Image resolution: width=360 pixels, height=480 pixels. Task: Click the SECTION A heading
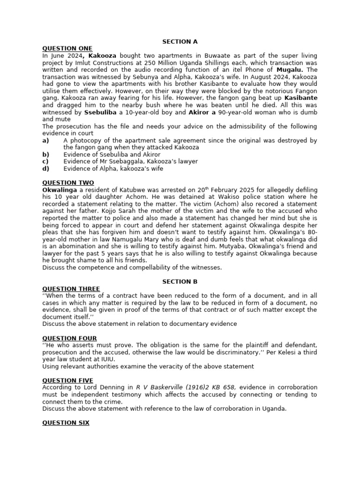(x=177, y=42)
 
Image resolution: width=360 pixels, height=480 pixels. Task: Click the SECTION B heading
(x=177, y=282)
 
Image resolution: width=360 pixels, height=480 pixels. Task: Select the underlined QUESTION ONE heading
(x=67, y=49)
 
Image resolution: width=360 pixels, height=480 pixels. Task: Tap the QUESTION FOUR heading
(x=69, y=338)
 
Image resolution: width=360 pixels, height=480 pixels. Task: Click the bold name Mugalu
(x=291, y=70)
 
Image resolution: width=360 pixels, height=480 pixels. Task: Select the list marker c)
(x=45, y=161)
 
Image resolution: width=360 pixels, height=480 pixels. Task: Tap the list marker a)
(x=45, y=140)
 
